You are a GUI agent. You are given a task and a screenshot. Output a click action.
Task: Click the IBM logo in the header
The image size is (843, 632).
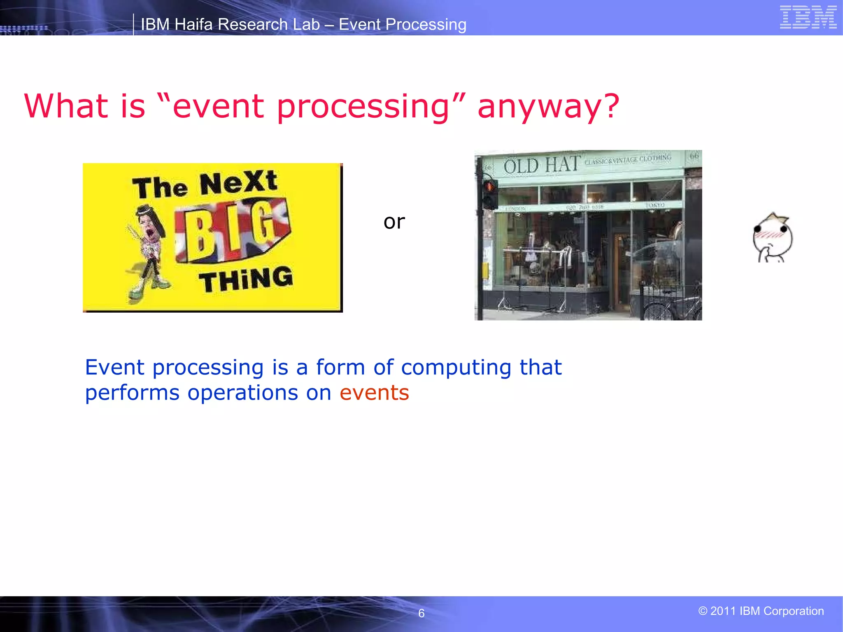(808, 17)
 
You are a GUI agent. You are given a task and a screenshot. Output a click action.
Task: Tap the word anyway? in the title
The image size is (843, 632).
(548, 107)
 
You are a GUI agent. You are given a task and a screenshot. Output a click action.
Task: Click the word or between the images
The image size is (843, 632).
(394, 222)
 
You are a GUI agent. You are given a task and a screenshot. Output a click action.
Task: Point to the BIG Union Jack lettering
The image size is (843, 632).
(233, 232)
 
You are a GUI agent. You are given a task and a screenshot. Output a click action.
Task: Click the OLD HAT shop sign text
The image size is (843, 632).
(541, 165)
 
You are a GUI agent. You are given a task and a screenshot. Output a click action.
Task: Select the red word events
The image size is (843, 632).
(374, 393)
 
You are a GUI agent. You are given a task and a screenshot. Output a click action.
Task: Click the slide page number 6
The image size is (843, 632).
(421, 613)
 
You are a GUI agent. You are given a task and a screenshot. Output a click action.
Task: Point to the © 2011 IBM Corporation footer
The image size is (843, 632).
(761, 611)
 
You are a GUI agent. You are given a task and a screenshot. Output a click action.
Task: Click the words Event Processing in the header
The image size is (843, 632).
(402, 25)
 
